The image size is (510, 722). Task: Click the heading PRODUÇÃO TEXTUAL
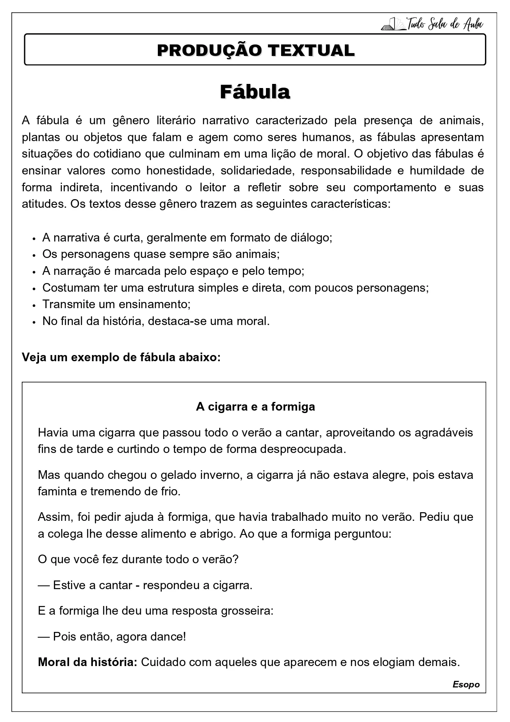[x=255, y=50]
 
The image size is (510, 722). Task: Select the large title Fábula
[x=255, y=92]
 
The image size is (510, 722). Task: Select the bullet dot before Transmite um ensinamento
[x=35, y=305]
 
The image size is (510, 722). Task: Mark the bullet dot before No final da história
[x=35, y=322]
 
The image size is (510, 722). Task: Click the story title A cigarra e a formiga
[x=255, y=406]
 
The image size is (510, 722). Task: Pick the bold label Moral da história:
[x=87, y=662]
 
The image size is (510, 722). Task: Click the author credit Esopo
[x=466, y=685]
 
